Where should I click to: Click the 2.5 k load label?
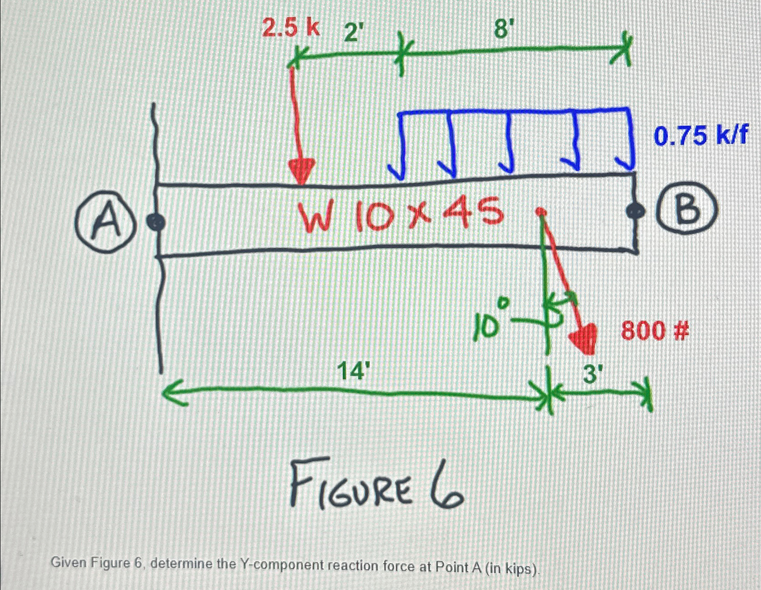coord(291,29)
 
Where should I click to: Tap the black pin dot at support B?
coord(635,210)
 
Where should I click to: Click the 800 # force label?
coord(654,332)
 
